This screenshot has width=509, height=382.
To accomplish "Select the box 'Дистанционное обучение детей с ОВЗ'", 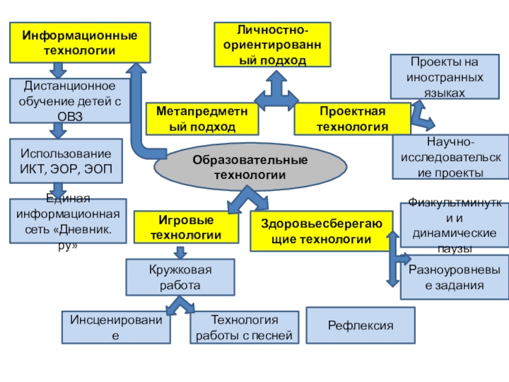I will [71, 101].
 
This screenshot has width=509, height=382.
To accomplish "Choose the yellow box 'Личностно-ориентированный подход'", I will [272, 45].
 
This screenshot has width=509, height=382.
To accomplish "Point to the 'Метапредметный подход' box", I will [203, 119].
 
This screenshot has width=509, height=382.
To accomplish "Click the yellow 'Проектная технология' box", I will [352, 119].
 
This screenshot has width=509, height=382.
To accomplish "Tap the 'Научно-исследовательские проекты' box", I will [450, 157].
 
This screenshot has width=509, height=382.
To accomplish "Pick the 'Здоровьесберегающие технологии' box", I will [316, 231].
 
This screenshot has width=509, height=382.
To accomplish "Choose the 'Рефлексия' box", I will [361, 325].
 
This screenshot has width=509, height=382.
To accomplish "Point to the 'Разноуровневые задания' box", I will [454, 278].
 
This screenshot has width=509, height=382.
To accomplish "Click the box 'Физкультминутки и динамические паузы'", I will [454, 225].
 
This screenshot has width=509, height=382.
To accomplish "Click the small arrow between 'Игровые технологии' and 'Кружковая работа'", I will [181, 251].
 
